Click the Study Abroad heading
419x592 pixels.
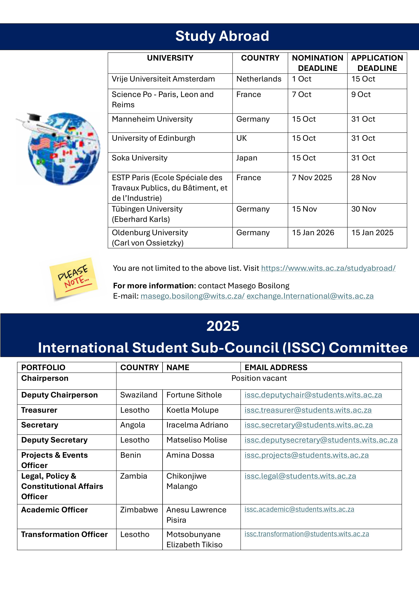click(x=222, y=36)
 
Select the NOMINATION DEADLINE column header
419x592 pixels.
click(x=317, y=63)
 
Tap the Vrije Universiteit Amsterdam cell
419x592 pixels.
click(x=163, y=79)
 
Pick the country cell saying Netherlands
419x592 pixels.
click(x=259, y=79)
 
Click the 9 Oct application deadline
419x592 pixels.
click(x=361, y=94)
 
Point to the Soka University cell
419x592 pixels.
click(x=139, y=158)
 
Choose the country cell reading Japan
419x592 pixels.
click(x=247, y=158)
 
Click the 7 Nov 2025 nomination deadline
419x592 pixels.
click(x=312, y=178)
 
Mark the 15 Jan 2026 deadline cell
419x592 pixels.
click(x=313, y=233)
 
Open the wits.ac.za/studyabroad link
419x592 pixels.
click(x=328, y=268)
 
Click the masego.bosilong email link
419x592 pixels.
click(x=192, y=296)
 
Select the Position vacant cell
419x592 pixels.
click(x=259, y=378)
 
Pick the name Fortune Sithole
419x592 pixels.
click(x=194, y=395)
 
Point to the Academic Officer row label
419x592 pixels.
click(x=55, y=510)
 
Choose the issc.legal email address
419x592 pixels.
click(x=300, y=476)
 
